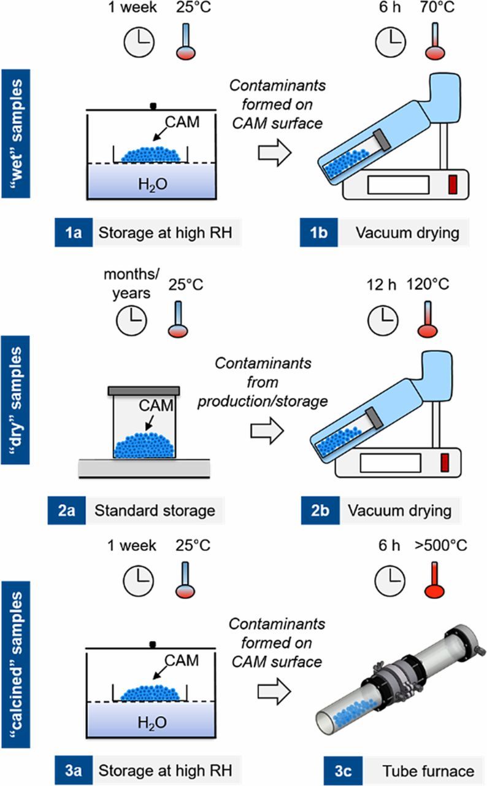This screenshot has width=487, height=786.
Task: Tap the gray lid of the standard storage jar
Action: click(x=144, y=391)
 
